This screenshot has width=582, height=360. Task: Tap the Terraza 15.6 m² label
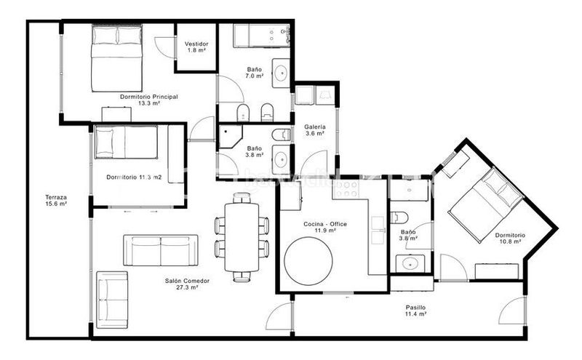coord(56,201)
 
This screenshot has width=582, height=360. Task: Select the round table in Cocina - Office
coord(308,261)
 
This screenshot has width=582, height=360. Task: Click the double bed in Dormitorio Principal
coord(117,58)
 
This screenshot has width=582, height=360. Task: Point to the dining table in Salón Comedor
coord(242,238)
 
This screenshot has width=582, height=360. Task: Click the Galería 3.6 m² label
coord(315,130)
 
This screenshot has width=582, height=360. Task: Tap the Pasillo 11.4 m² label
coord(415,311)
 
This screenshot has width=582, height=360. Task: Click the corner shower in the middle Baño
coord(230,137)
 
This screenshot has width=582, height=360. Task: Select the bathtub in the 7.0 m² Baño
coord(262,36)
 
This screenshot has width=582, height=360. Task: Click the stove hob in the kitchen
coord(346,189)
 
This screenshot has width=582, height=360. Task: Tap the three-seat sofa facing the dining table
coord(161,250)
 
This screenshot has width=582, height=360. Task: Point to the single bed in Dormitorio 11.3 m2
coord(126,142)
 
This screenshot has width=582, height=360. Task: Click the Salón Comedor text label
coord(187,281)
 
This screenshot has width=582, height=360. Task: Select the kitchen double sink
coord(378,230)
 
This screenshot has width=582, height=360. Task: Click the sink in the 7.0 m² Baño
coord(281,73)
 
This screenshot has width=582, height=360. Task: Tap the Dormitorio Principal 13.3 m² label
coord(149,100)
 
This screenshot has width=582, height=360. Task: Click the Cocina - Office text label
coord(325,224)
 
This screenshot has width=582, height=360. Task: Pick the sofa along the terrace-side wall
coord(112,300)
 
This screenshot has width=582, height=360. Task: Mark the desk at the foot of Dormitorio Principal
coord(116,114)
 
